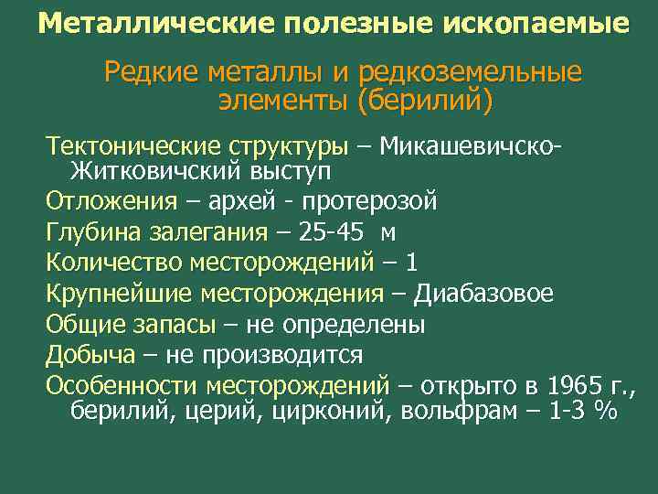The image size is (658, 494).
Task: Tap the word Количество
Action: tap(114, 263)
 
